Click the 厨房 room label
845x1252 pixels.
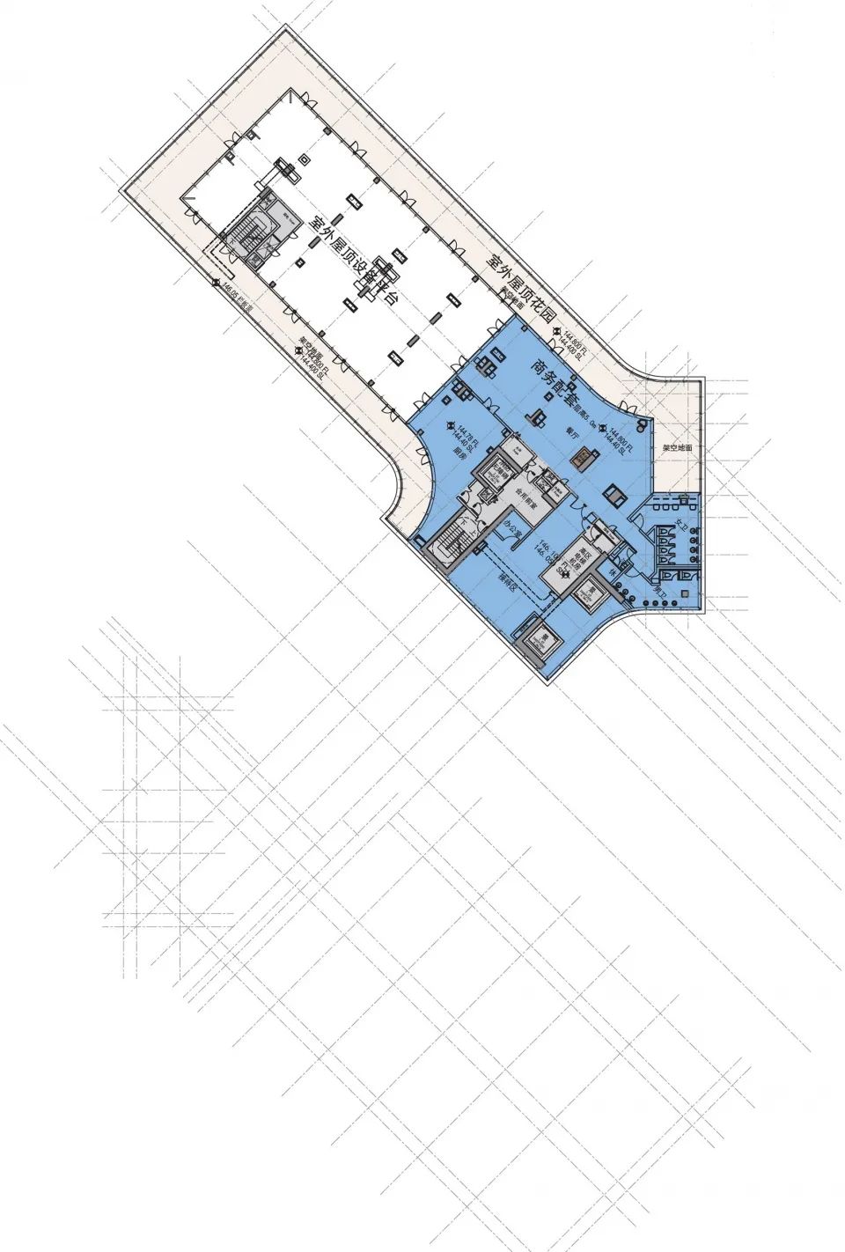(458, 452)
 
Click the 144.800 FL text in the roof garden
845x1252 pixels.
(577, 337)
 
